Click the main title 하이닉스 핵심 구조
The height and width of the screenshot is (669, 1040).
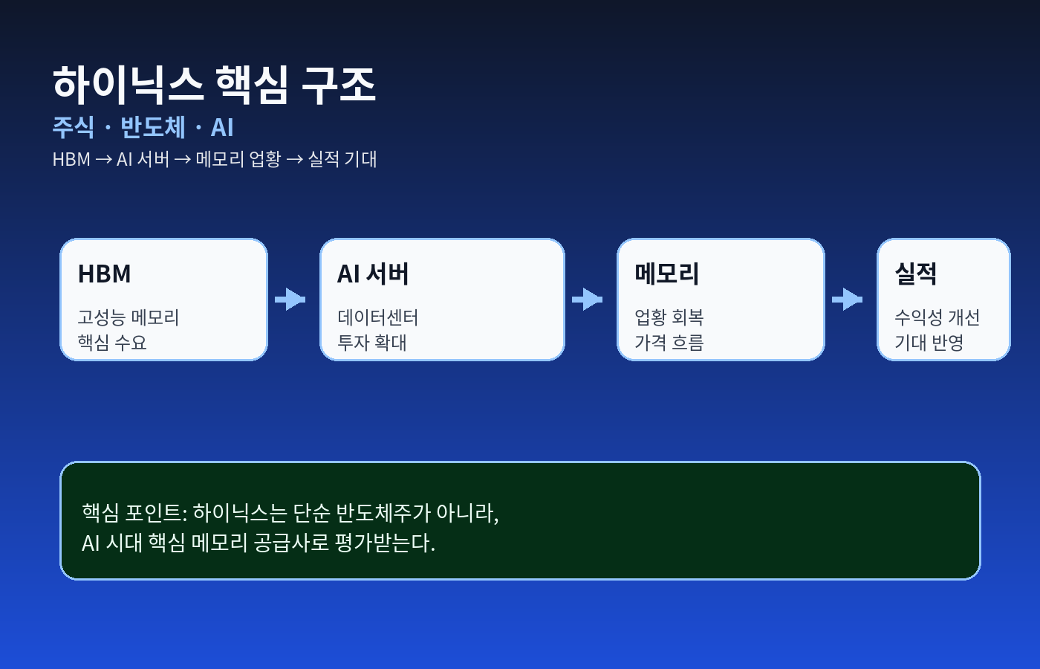point(214,85)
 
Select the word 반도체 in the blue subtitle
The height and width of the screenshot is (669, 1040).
point(153,127)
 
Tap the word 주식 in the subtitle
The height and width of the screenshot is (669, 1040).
point(73,127)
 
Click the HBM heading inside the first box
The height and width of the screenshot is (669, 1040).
point(105,274)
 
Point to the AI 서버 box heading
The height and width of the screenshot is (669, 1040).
point(373,274)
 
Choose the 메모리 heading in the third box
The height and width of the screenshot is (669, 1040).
point(667,274)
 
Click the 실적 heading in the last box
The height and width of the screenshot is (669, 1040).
point(915,274)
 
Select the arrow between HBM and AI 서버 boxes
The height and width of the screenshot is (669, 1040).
point(290,299)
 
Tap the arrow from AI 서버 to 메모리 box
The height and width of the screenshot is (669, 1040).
point(588,299)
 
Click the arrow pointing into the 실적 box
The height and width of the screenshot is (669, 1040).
point(848,299)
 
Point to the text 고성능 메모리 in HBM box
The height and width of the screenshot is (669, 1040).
point(128,318)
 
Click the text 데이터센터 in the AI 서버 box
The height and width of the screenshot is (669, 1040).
point(378,318)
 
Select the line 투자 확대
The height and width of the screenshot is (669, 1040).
point(372,343)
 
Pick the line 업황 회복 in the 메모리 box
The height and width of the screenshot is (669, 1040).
point(669,318)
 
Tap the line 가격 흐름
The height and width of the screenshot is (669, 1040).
point(669,343)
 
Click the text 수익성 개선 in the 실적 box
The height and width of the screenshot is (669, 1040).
point(937,318)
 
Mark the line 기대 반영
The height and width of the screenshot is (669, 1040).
point(929,343)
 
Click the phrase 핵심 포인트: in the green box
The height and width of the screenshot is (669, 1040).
point(134,513)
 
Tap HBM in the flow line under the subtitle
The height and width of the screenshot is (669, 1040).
point(71,159)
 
